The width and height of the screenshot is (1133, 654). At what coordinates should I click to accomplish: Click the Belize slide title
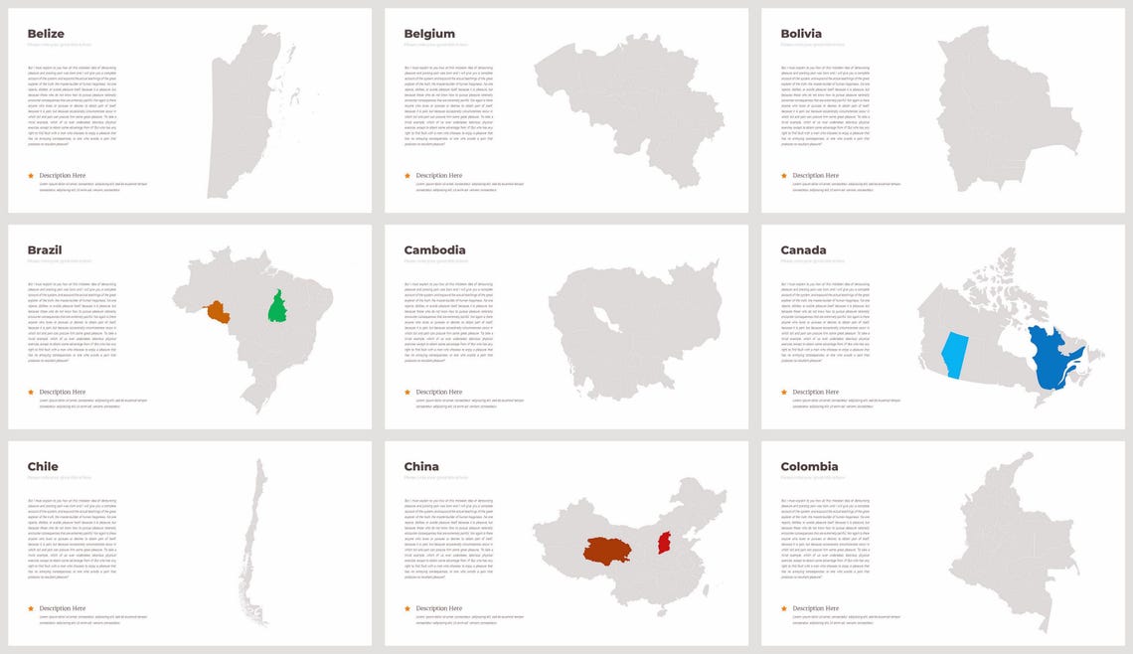46,34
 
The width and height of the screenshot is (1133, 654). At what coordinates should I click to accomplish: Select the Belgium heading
429,34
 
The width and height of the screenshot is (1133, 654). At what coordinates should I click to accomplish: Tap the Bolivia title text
801,34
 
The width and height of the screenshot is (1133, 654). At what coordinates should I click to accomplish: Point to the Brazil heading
44,250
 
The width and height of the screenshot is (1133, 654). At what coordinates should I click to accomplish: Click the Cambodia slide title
434,250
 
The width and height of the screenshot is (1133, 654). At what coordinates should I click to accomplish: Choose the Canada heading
803,250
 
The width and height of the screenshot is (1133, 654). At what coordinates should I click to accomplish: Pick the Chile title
43,466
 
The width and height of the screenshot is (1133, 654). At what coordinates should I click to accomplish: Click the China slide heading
421,466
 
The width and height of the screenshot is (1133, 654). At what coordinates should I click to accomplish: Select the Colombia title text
809,466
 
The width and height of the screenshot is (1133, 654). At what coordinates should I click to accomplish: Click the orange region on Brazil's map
218,313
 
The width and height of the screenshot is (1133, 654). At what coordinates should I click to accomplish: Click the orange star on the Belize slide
31,176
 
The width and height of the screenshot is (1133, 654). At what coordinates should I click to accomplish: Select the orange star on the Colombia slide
784,608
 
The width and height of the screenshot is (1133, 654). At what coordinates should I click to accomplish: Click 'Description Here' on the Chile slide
63,608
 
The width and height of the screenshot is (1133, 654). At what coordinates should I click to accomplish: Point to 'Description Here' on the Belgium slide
438,176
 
